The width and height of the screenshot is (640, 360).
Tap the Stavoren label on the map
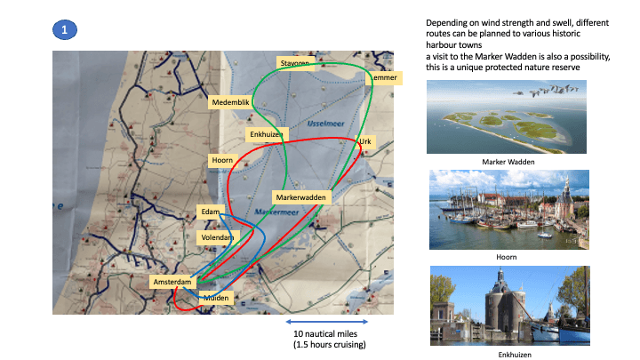click(293, 64)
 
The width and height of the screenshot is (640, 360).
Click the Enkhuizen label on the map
click(265, 134)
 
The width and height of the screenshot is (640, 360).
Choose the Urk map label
click(364, 141)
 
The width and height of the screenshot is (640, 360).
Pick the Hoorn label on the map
click(221, 161)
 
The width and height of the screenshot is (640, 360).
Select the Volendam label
click(216, 238)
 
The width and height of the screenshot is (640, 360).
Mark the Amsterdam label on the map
click(172, 282)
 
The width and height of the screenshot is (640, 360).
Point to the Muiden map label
click(218, 298)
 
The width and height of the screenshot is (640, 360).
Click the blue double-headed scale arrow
click(326, 321)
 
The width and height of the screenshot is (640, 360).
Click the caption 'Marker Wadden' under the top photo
click(506, 162)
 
